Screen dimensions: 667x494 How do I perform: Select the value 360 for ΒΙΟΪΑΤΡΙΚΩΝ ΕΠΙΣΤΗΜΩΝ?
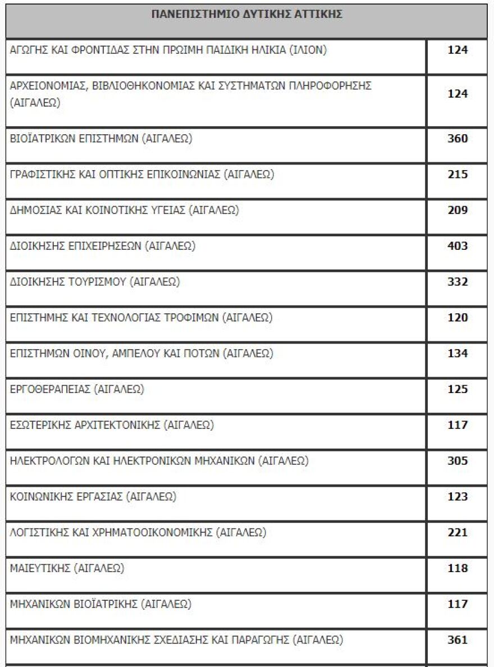[x=458, y=139]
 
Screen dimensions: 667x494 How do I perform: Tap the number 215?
[x=458, y=175]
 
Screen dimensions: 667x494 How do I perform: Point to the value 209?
[x=458, y=211]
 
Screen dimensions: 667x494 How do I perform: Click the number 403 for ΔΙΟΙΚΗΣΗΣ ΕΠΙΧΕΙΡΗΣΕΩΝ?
[x=458, y=246]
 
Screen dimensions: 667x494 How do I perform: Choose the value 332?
[x=458, y=282]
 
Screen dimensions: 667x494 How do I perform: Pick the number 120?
[x=458, y=318]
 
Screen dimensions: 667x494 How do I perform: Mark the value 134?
[x=458, y=354]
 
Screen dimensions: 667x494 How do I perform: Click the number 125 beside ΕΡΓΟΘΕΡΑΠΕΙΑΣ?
[x=458, y=389]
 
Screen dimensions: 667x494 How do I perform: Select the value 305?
[x=458, y=461]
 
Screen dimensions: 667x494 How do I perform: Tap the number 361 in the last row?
[x=458, y=639]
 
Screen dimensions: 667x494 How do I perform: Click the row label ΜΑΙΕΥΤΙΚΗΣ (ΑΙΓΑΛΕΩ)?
[x=67, y=568]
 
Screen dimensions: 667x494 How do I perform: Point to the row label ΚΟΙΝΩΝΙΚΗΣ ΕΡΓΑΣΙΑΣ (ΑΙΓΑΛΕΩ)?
[x=93, y=497]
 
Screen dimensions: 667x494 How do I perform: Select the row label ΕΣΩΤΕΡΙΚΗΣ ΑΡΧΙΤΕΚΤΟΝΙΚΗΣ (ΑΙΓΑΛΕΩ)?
[x=112, y=425]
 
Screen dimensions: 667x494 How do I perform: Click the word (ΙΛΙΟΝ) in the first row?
[x=308, y=50]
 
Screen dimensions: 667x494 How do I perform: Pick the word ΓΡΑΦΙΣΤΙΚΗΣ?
[x=42, y=175]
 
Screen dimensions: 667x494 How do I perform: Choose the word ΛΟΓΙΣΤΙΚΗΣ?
[x=38, y=532]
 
